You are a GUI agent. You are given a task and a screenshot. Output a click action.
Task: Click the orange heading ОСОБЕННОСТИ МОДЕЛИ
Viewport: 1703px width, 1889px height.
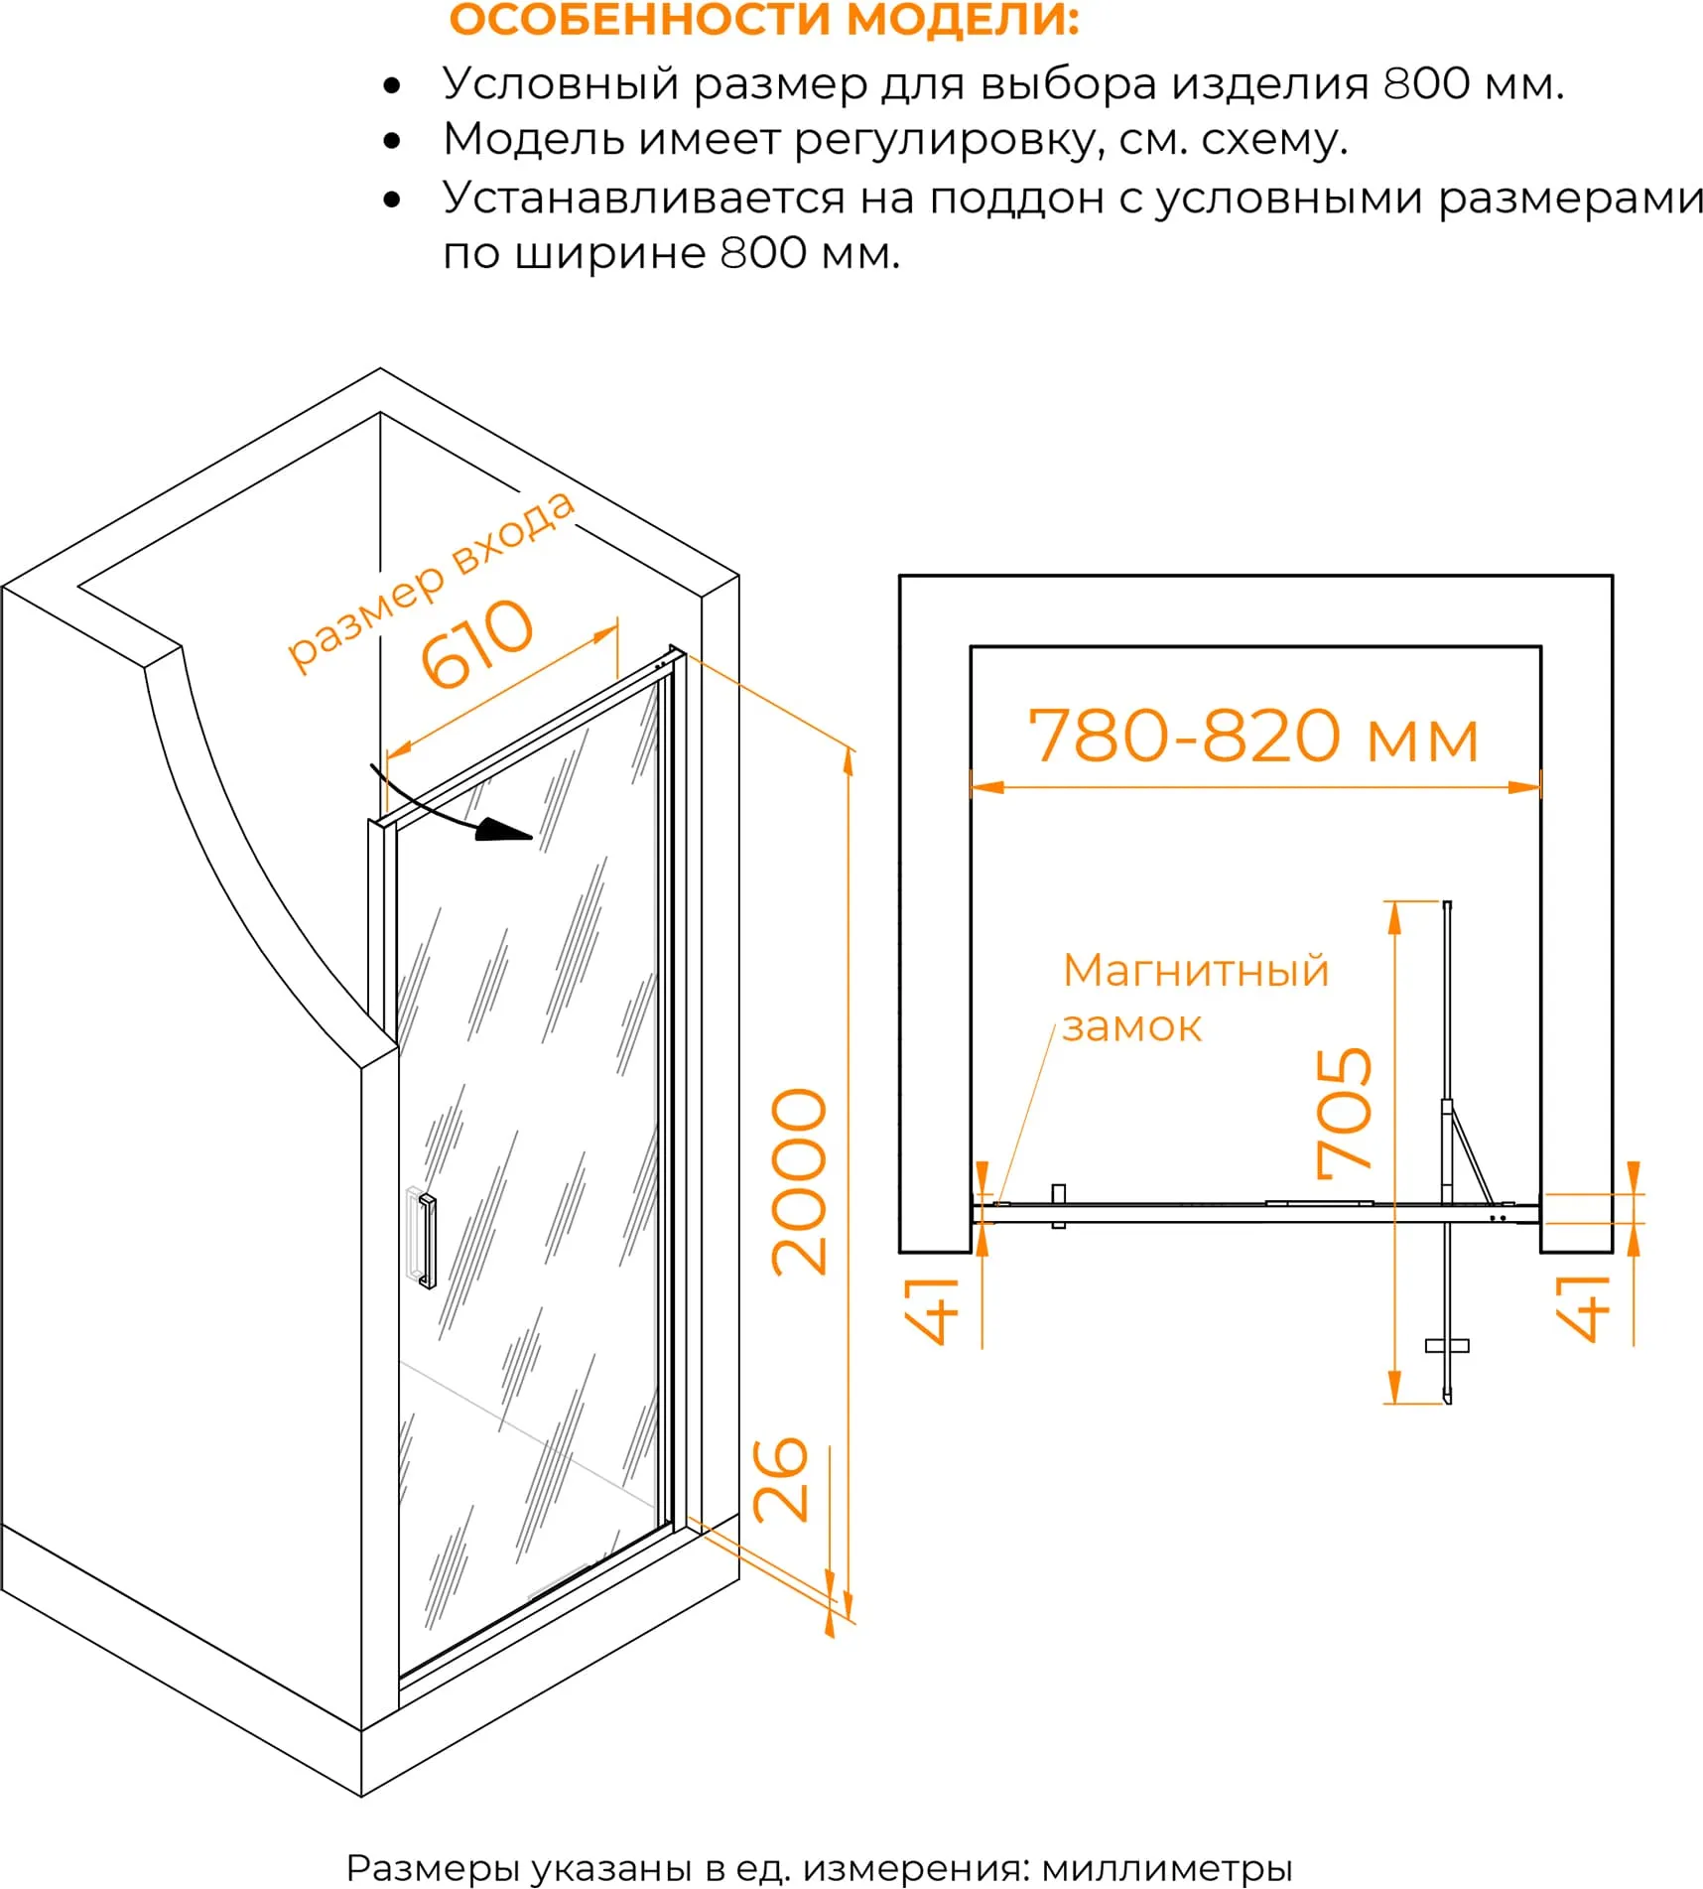point(764,20)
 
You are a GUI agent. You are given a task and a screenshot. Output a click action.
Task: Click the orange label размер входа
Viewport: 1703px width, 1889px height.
point(431,582)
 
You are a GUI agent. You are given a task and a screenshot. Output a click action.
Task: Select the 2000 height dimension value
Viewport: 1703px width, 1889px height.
point(799,1181)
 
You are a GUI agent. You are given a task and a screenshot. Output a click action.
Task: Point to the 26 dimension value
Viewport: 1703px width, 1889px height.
point(781,1479)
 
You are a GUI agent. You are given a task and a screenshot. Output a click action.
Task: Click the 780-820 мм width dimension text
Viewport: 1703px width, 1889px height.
point(1253,737)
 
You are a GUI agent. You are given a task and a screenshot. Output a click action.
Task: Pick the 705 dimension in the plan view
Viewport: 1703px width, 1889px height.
point(1344,1113)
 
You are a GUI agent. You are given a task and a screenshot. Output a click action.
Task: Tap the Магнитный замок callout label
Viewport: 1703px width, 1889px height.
point(1195,998)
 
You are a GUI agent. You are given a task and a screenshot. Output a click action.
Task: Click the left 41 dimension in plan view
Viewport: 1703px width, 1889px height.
point(931,1310)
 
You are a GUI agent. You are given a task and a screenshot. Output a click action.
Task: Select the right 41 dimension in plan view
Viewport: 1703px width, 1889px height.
point(1582,1308)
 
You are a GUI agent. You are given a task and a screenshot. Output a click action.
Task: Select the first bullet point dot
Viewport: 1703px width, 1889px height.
point(392,85)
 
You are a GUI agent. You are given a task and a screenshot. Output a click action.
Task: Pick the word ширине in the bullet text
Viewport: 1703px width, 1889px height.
point(612,254)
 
